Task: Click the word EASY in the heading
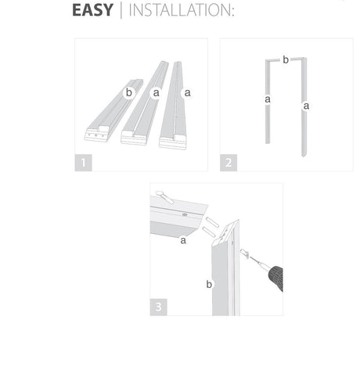(x=92, y=10)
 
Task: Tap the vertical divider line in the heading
(x=121, y=10)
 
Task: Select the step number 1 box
(x=83, y=163)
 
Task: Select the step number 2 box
(x=229, y=163)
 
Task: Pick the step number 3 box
(x=158, y=307)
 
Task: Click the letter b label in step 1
(x=129, y=92)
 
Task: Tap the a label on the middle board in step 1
(x=156, y=92)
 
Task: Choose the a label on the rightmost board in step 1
(x=187, y=92)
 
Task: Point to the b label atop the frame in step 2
(x=286, y=59)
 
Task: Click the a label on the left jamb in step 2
(x=268, y=99)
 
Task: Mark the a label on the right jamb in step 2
(x=306, y=106)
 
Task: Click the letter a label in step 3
(x=183, y=240)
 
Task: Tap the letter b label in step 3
(x=209, y=284)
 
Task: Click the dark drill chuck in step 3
(x=276, y=278)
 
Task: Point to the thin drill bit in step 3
(x=257, y=262)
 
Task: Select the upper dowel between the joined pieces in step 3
(x=212, y=221)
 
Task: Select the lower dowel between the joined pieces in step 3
(x=209, y=232)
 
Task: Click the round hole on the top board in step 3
(x=185, y=215)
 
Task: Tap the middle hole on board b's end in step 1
(x=95, y=135)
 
